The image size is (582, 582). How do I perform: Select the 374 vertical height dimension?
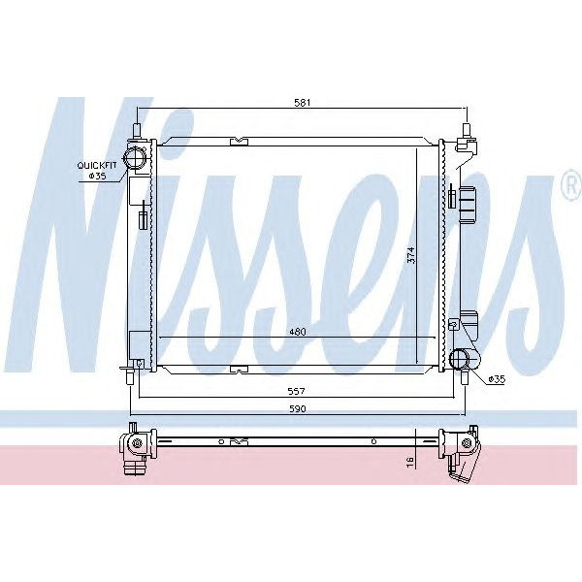411,255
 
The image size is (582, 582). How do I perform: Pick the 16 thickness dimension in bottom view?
411,463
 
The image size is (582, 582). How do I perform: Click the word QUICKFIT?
97,166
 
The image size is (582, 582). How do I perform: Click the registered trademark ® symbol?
569,187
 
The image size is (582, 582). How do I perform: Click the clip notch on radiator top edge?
239,142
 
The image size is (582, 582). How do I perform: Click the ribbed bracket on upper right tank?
471,206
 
